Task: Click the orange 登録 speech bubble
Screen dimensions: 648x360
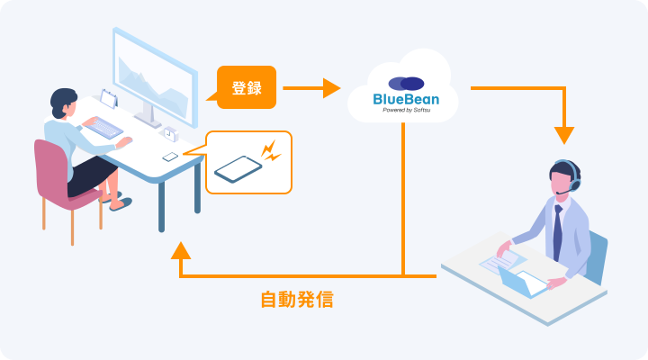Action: (247, 87)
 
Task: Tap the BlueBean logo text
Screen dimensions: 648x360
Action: (406, 99)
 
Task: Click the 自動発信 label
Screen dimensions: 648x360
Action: (297, 300)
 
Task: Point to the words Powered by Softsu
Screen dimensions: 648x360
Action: (406, 111)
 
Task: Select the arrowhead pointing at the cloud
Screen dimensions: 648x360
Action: (331, 88)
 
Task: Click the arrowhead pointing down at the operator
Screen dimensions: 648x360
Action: (564, 136)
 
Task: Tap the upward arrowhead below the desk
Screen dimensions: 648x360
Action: (181, 251)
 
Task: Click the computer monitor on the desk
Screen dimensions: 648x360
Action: (155, 78)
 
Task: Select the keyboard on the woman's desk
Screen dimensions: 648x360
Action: (103, 128)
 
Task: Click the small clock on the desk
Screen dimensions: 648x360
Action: (170, 134)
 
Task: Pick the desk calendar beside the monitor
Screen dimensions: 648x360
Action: (109, 99)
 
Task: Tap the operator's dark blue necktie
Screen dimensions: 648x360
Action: (557, 233)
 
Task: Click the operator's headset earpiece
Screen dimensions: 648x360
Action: (574, 183)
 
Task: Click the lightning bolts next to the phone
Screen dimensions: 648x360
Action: (271, 151)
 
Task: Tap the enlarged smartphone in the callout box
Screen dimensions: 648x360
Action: (238, 168)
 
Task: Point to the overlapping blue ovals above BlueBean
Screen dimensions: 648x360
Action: (406, 84)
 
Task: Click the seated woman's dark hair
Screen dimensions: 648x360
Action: (62, 102)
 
